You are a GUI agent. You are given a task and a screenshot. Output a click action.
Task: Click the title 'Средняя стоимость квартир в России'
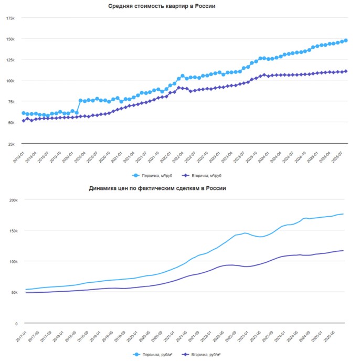(162, 6)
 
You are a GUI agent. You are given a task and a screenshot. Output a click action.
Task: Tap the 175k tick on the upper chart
(10, 18)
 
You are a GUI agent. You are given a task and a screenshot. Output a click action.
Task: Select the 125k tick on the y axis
(10, 60)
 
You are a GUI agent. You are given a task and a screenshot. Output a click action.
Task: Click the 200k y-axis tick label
(11, 200)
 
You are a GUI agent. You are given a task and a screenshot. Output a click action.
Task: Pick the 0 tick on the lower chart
(16, 324)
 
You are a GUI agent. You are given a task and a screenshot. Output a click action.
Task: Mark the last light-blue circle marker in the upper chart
(346, 40)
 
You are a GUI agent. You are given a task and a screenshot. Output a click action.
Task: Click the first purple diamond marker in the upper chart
(23, 121)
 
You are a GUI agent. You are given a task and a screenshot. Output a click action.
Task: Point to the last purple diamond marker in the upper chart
(346, 71)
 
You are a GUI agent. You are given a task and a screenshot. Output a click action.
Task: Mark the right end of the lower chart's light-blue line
(343, 214)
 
